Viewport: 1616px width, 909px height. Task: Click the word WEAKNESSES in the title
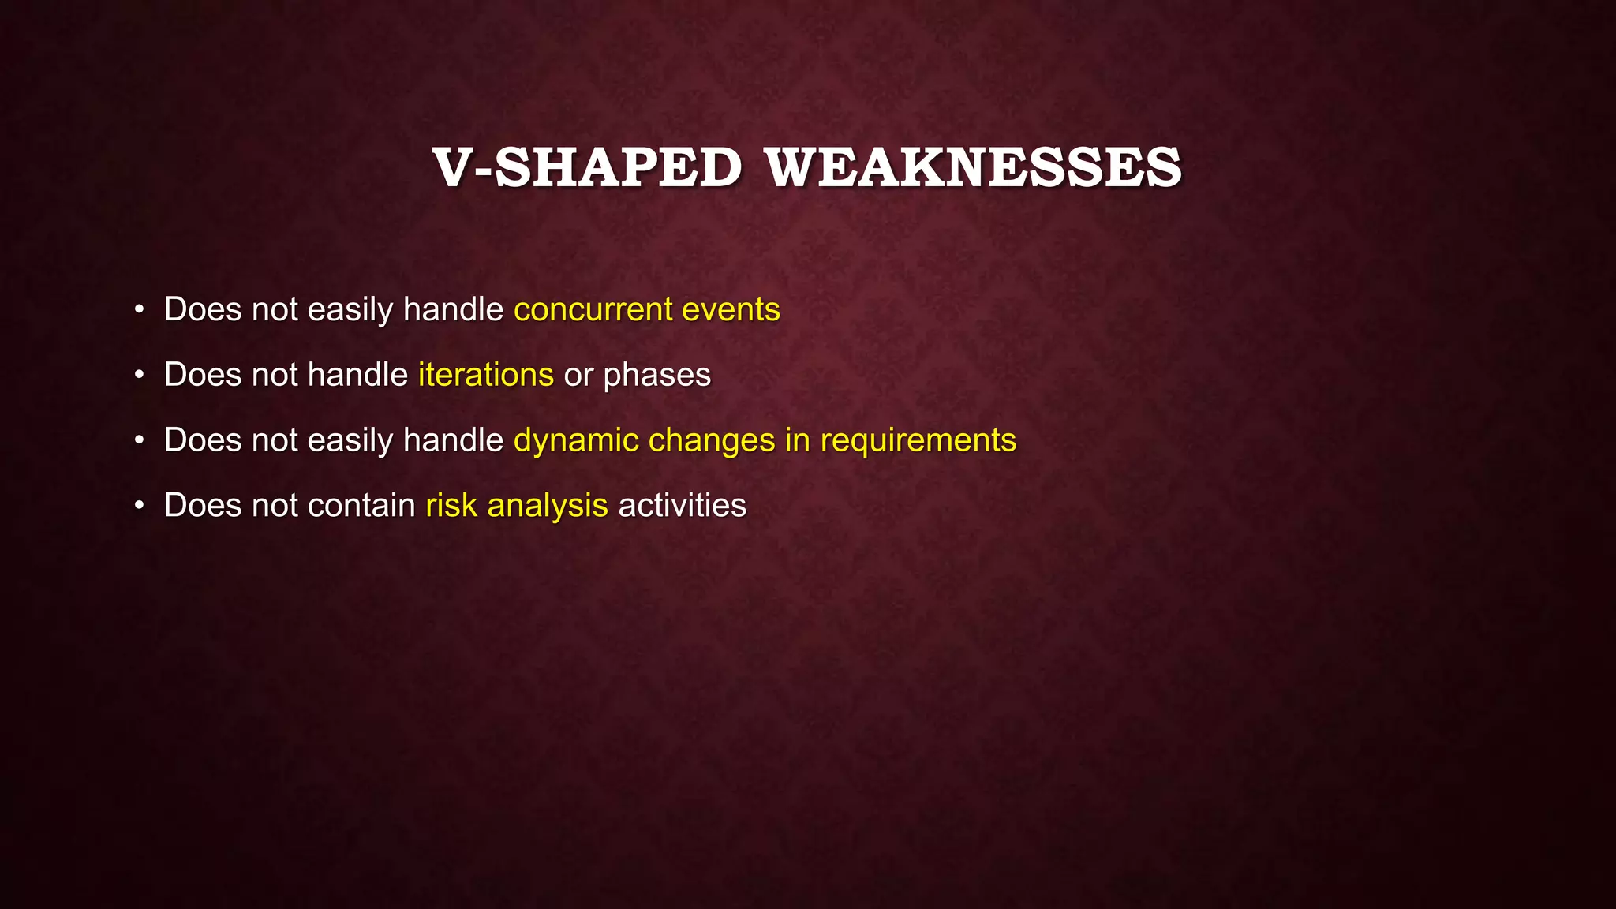[x=973, y=168]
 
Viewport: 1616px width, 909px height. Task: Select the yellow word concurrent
[x=593, y=310]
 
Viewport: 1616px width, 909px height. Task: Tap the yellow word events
[x=731, y=310]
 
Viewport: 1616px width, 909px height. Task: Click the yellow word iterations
[x=485, y=375]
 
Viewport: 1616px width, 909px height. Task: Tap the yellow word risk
[x=451, y=506]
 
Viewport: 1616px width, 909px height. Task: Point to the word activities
[x=682, y=506]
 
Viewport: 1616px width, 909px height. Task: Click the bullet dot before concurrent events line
[x=139, y=310]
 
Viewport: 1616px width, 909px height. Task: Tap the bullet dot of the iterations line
[x=139, y=376]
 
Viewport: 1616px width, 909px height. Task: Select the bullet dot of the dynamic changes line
[x=139, y=441]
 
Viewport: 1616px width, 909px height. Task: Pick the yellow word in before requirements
[x=797, y=440]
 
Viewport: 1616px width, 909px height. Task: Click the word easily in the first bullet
[x=350, y=310]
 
